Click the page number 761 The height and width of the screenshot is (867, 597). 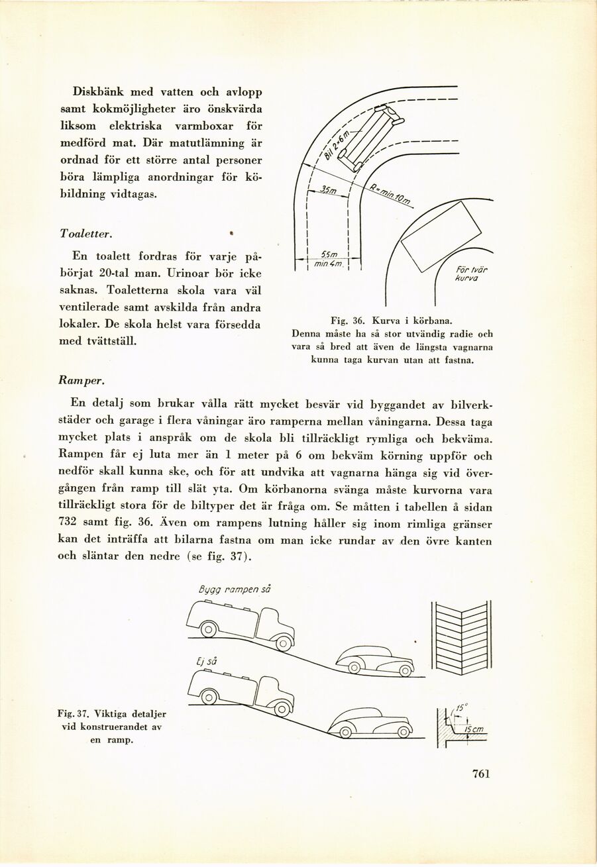[481, 774]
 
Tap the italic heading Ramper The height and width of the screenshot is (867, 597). [79, 382]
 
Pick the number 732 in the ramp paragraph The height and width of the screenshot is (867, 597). [69, 523]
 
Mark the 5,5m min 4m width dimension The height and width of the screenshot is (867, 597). [329, 260]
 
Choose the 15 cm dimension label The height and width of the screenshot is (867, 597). [474, 729]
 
